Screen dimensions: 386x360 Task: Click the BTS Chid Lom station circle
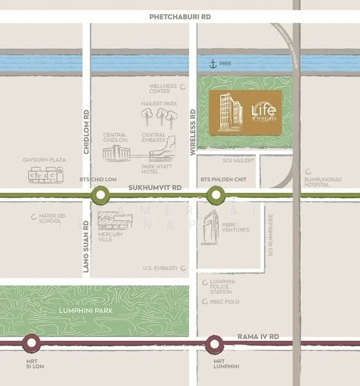pos(100,194)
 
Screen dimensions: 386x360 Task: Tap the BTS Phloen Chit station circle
pos(215,194)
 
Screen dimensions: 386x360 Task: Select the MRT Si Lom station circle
pos(30,344)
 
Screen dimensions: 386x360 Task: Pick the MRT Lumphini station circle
pos(215,344)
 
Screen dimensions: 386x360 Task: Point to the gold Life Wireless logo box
pos(245,112)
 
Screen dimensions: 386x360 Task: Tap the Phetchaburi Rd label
pos(179,17)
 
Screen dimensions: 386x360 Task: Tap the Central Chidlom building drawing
pos(116,153)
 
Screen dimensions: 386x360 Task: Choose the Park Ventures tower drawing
pos(210,228)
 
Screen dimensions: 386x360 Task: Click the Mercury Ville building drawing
pos(115,221)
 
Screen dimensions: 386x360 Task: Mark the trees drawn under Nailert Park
pos(158,116)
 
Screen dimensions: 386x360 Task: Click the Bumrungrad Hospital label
pos(321,179)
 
